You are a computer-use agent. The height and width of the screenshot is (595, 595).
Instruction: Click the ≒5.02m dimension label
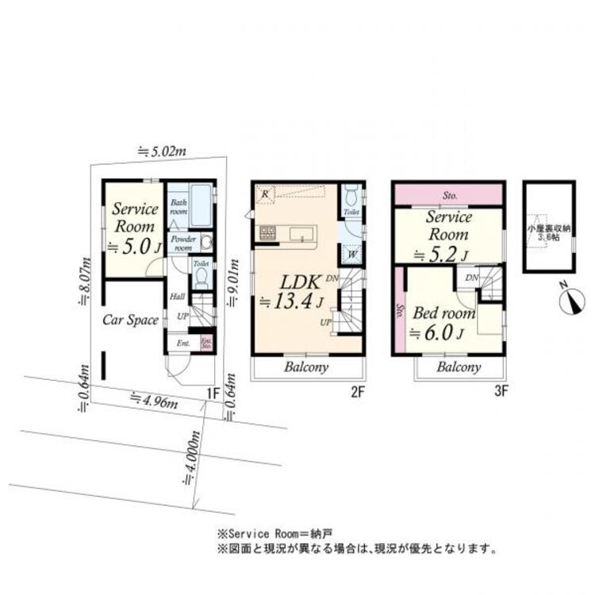162,150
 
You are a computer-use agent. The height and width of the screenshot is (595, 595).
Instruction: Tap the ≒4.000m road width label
189,459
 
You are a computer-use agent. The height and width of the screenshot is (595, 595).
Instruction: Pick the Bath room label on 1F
179,207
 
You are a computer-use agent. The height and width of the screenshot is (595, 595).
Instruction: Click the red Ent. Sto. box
206,344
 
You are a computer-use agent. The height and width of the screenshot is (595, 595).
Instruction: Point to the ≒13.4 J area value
292,301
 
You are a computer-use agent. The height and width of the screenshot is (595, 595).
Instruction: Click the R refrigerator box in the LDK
264,193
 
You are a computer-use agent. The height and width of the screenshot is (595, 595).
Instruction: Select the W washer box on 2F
351,254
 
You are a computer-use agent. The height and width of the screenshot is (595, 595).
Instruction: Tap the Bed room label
443,313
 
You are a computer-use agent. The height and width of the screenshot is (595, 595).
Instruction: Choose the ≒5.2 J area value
441,254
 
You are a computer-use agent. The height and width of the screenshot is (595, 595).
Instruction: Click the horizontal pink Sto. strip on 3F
449,194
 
